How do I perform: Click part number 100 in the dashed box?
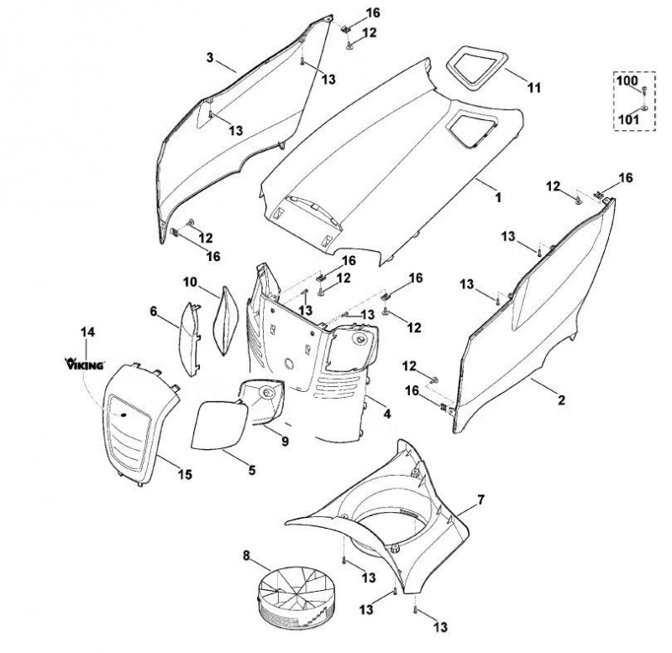coord(627,80)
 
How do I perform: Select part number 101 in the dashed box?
coord(628,118)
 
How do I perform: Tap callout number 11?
coord(533,88)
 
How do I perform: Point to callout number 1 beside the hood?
coord(498,197)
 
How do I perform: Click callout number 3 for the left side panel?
coord(210,57)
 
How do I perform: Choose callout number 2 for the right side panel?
coord(561,400)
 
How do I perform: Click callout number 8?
coord(246,556)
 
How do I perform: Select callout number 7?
coord(480,499)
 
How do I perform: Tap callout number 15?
coord(185,474)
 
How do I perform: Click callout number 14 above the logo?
coord(87,332)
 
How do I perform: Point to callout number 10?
coord(190,283)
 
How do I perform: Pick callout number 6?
coord(154,311)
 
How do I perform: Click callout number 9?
coord(285,441)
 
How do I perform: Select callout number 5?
coord(251,470)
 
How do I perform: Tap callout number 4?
coord(387,414)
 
